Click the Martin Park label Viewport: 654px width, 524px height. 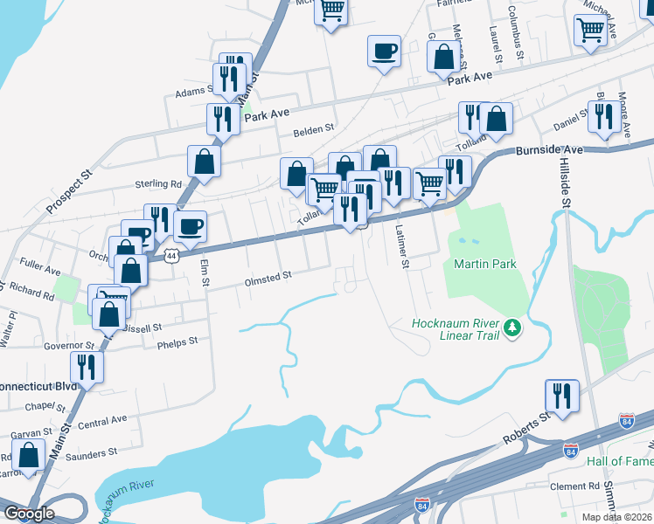coord(484,264)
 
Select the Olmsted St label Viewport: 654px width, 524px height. coord(268,277)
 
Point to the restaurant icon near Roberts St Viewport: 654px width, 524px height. coord(560,396)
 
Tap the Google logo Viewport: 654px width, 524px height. coord(29,514)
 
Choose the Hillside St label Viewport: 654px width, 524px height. coord(566,183)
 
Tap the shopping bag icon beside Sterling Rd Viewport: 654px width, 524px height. coord(204,161)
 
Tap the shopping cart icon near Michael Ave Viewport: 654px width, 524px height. coord(591,30)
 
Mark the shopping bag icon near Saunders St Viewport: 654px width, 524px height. coord(29,455)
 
